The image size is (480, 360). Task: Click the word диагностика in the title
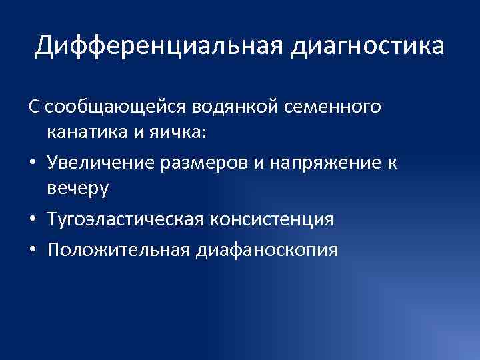(367, 46)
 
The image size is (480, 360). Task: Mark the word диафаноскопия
(268, 250)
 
